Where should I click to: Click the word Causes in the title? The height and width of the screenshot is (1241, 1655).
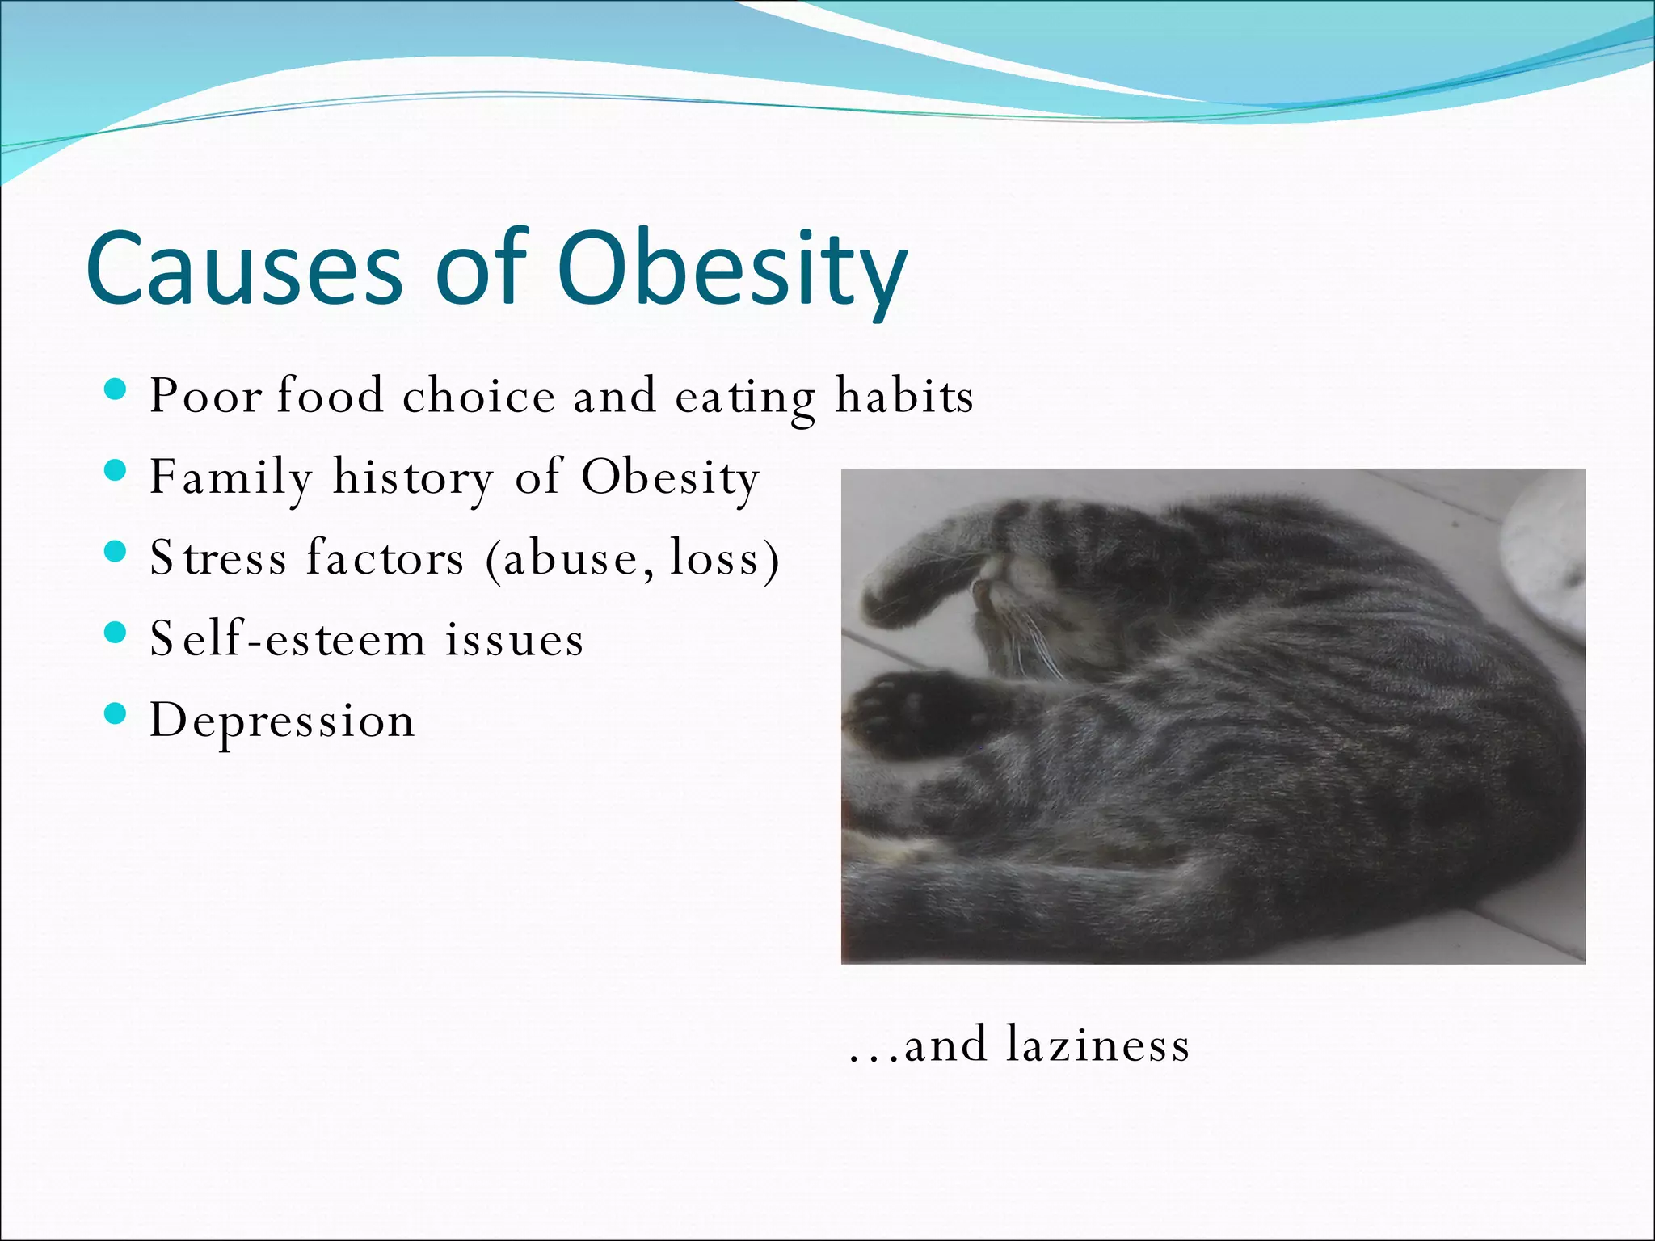tap(243, 269)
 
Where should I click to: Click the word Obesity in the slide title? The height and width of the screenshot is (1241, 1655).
tap(731, 269)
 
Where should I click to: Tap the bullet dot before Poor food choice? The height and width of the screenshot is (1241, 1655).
tap(116, 392)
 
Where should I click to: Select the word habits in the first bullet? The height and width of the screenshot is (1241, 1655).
tap(904, 396)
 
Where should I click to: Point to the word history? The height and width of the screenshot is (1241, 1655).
tap(413, 477)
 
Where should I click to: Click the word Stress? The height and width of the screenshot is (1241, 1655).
tap(218, 557)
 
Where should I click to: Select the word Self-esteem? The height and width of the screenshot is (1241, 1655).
tap(288, 638)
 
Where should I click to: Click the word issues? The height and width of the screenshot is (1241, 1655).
tap(514, 638)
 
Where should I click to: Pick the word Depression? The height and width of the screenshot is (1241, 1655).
tap(282, 720)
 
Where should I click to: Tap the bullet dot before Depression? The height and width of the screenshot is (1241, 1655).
tap(116, 713)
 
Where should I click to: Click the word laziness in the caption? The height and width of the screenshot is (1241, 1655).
tap(1098, 1044)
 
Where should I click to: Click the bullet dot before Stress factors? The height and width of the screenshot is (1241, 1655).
tap(116, 552)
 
